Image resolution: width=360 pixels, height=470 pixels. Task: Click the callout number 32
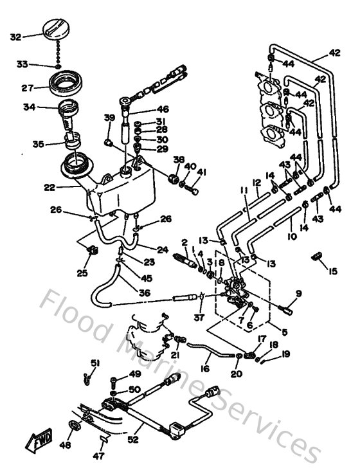pyautogui.click(x=15, y=37)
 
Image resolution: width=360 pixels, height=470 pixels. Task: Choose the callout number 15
pyautogui.click(x=332, y=271)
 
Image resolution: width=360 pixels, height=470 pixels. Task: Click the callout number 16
pyautogui.click(x=205, y=369)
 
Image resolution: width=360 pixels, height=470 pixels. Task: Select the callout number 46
pyautogui.click(x=163, y=109)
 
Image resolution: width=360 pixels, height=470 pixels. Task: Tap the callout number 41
pyautogui.click(x=203, y=172)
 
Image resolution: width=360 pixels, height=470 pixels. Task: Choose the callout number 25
pyautogui.click(x=81, y=273)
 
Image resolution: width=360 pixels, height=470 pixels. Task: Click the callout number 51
pyautogui.click(x=95, y=364)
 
